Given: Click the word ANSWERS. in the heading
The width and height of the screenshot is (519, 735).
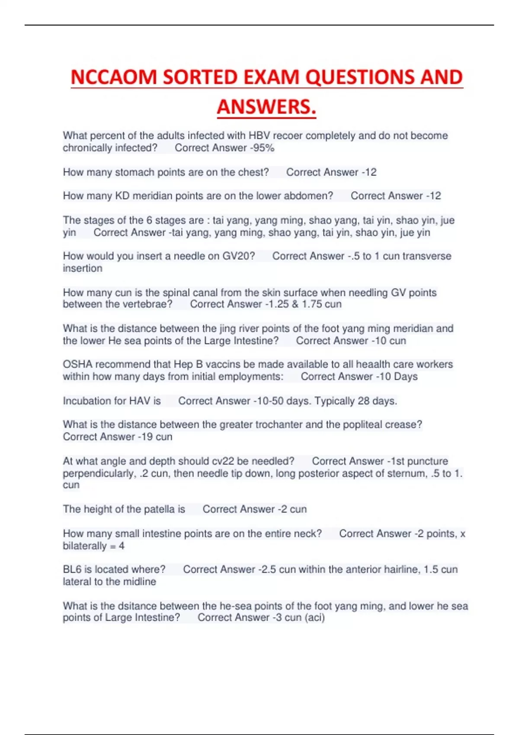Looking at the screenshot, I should [x=266, y=107].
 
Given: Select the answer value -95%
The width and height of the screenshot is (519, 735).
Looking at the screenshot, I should [x=262, y=148].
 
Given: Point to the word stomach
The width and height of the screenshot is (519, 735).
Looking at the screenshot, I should [x=135, y=172].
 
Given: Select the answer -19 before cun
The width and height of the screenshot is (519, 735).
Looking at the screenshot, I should [x=145, y=437].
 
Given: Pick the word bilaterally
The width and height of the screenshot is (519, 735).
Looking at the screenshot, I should [x=84, y=546].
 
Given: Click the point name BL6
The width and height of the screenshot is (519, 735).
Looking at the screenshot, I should [x=72, y=569].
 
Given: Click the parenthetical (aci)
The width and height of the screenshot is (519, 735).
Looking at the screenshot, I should [x=315, y=617].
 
